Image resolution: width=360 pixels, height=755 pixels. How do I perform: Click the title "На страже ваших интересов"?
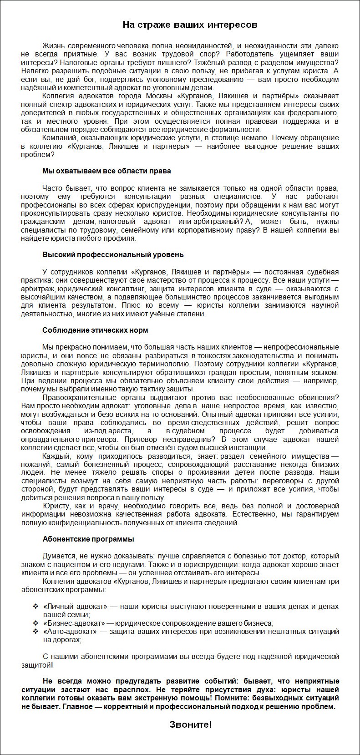190,25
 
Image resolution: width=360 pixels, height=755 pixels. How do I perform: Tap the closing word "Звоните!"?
191,724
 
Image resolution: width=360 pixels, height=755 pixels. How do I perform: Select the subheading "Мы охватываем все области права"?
106,171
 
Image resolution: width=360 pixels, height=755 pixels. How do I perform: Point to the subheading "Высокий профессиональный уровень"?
113,254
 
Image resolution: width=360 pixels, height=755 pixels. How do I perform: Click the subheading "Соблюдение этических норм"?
95,330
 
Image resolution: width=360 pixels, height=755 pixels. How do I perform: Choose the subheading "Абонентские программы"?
88,539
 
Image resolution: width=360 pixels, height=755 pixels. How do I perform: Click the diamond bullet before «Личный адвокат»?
35,607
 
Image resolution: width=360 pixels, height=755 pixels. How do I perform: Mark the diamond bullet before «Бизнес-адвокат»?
35,623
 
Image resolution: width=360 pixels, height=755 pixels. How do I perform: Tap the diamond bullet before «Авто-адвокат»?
35,631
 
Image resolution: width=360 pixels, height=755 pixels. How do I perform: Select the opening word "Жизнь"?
53,46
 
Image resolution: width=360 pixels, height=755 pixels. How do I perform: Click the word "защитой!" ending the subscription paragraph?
36,665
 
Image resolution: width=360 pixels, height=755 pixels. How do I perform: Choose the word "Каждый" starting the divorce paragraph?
54,456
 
